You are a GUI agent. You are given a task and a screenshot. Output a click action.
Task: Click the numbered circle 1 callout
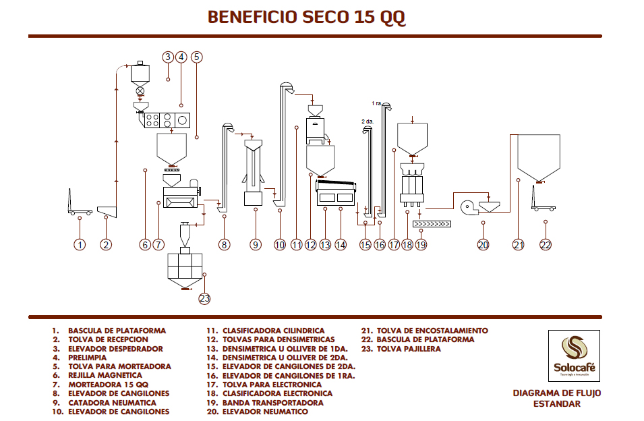point(80,245)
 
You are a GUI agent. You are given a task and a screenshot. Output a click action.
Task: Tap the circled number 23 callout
point(204,298)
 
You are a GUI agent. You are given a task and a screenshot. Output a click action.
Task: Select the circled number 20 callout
point(483,245)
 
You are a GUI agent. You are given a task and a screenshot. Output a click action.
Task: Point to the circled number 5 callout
point(196,57)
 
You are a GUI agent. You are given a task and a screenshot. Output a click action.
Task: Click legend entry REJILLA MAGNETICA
point(105,375)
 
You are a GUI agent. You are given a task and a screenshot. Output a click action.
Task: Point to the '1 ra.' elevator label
point(377,103)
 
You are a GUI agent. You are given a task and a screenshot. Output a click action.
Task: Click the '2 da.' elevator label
point(367,121)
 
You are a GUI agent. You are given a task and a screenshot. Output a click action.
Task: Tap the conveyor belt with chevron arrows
point(431,223)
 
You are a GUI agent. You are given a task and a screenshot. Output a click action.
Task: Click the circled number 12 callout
point(310,245)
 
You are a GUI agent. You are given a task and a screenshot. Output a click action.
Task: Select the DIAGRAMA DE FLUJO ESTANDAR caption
point(556,398)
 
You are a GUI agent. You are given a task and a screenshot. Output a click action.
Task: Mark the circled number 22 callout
point(546,245)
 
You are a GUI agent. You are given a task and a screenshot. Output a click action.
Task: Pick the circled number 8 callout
point(224,245)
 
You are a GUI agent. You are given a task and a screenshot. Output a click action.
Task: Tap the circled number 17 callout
point(394,245)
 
